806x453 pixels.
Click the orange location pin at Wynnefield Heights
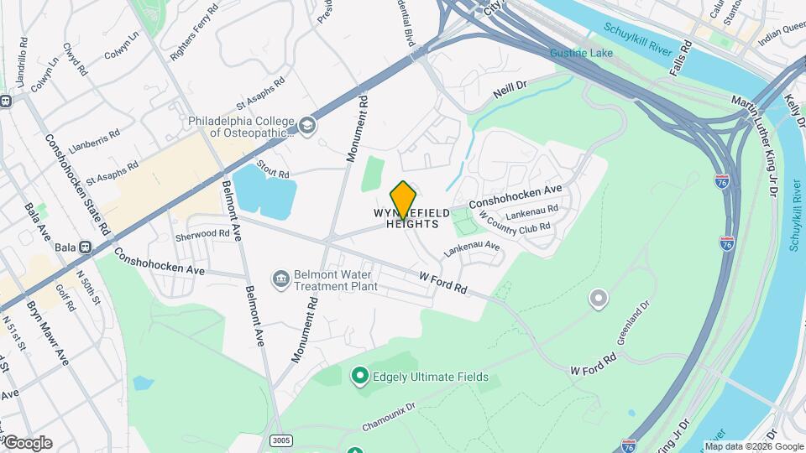coord(404,199)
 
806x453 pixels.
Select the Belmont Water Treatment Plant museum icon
coord(280,278)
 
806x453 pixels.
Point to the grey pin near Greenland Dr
coord(598,298)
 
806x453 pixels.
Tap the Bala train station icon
coord(85,247)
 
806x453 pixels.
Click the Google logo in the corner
coord(27,443)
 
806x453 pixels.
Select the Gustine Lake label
coord(581,54)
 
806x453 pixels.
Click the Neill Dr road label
coord(510,87)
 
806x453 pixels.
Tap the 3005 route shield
coord(282,440)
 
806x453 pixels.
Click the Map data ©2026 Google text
coord(754,446)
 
